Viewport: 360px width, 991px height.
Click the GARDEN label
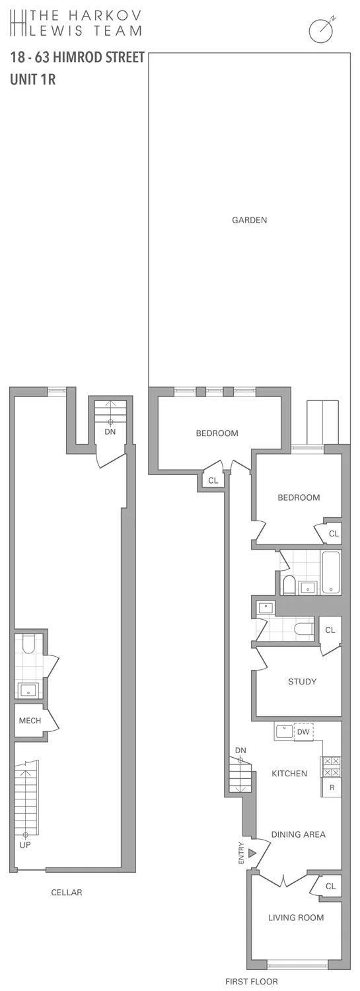click(x=249, y=220)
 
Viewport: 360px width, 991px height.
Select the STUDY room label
click(x=302, y=682)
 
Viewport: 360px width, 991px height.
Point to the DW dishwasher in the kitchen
click(x=303, y=732)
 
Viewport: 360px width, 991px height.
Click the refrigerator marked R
click(x=332, y=788)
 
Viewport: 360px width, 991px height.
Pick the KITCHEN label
click(x=289, y=774)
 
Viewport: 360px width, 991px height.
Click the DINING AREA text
click(x=299, y=834)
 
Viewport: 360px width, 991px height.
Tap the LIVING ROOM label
click(x=296, y=918)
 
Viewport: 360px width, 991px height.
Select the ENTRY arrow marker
click(x=252, y=854)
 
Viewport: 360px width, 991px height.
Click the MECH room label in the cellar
click(x=30, y=721)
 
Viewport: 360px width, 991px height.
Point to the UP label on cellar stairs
click(x=25, y=844)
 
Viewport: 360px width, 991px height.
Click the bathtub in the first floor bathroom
click(x=330, y=572)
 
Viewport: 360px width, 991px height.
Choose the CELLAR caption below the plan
click(x=67, y=893)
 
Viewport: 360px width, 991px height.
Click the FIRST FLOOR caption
click(x=252, y=982)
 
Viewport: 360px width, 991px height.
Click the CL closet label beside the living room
click(x=330, y=886)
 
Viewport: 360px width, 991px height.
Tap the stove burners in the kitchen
click(x=331, y=766)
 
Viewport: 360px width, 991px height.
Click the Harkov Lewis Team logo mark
click(x=19, y=23)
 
